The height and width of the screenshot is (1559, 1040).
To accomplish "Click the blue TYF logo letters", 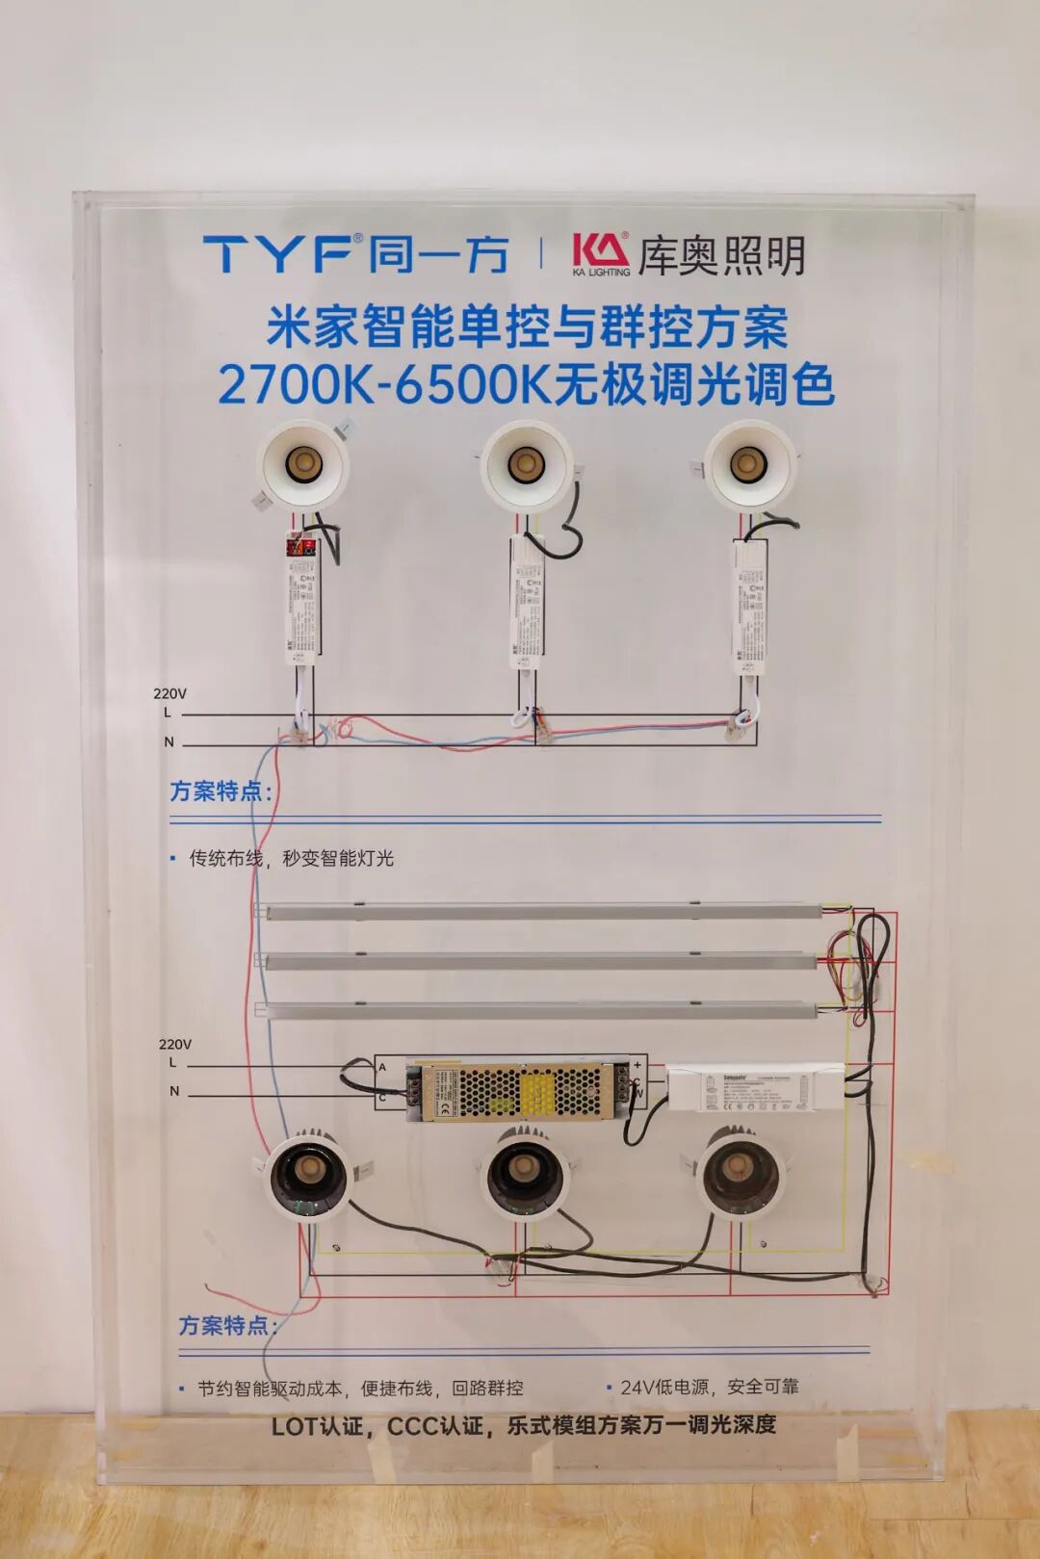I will point(277,254).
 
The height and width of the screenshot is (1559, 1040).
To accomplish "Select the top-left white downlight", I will point(304,466).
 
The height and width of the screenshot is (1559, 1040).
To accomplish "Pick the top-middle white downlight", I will point(526,466).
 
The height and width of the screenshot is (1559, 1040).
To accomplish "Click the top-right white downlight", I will point(749,464).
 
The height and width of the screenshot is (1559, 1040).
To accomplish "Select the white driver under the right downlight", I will point(750,607).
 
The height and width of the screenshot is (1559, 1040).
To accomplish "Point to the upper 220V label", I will point(169,693).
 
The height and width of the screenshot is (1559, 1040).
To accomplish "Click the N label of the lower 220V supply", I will point(174,1091).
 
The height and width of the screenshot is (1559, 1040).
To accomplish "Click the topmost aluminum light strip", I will point(539,910).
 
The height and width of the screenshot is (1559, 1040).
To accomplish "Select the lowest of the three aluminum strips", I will point(539,1009).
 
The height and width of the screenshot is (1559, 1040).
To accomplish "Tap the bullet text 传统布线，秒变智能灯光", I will point(291,858).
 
